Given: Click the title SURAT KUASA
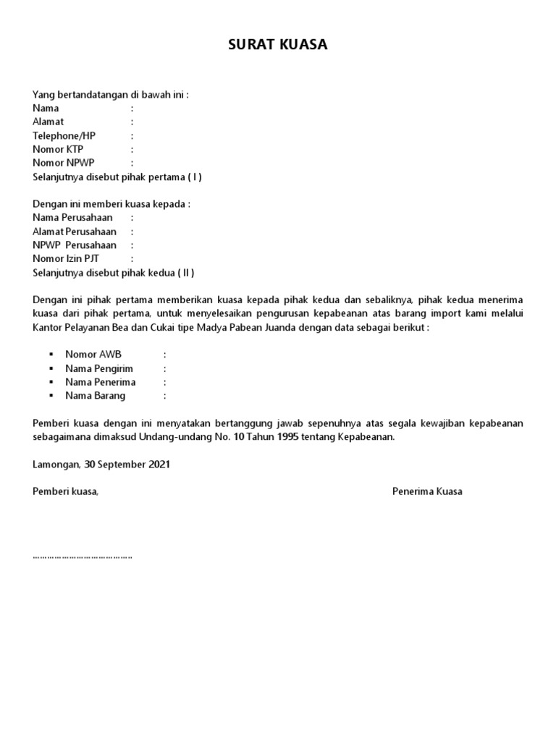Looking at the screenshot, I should (278, 45).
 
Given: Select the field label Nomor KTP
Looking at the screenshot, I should (58, 149).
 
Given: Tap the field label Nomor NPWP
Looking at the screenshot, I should (63, 163).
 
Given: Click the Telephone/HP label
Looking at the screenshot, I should (64, 135).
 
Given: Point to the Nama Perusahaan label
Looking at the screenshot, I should (72, 218).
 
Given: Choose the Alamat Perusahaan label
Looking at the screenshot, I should (74, 232).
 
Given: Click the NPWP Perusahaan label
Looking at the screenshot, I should (74, 245).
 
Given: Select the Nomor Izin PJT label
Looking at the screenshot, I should (66, 259).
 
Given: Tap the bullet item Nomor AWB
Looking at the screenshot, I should (93, 355).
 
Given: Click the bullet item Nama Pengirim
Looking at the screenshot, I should (99, 368).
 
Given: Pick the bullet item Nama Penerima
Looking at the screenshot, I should (100, 382).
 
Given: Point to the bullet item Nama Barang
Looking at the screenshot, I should (95, 396).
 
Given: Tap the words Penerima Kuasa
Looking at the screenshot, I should (427, 491).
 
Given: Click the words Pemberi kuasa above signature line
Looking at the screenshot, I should (65, 491).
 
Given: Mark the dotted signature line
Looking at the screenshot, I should (83, 558).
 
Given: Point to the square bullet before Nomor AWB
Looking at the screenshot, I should (51, 355).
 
